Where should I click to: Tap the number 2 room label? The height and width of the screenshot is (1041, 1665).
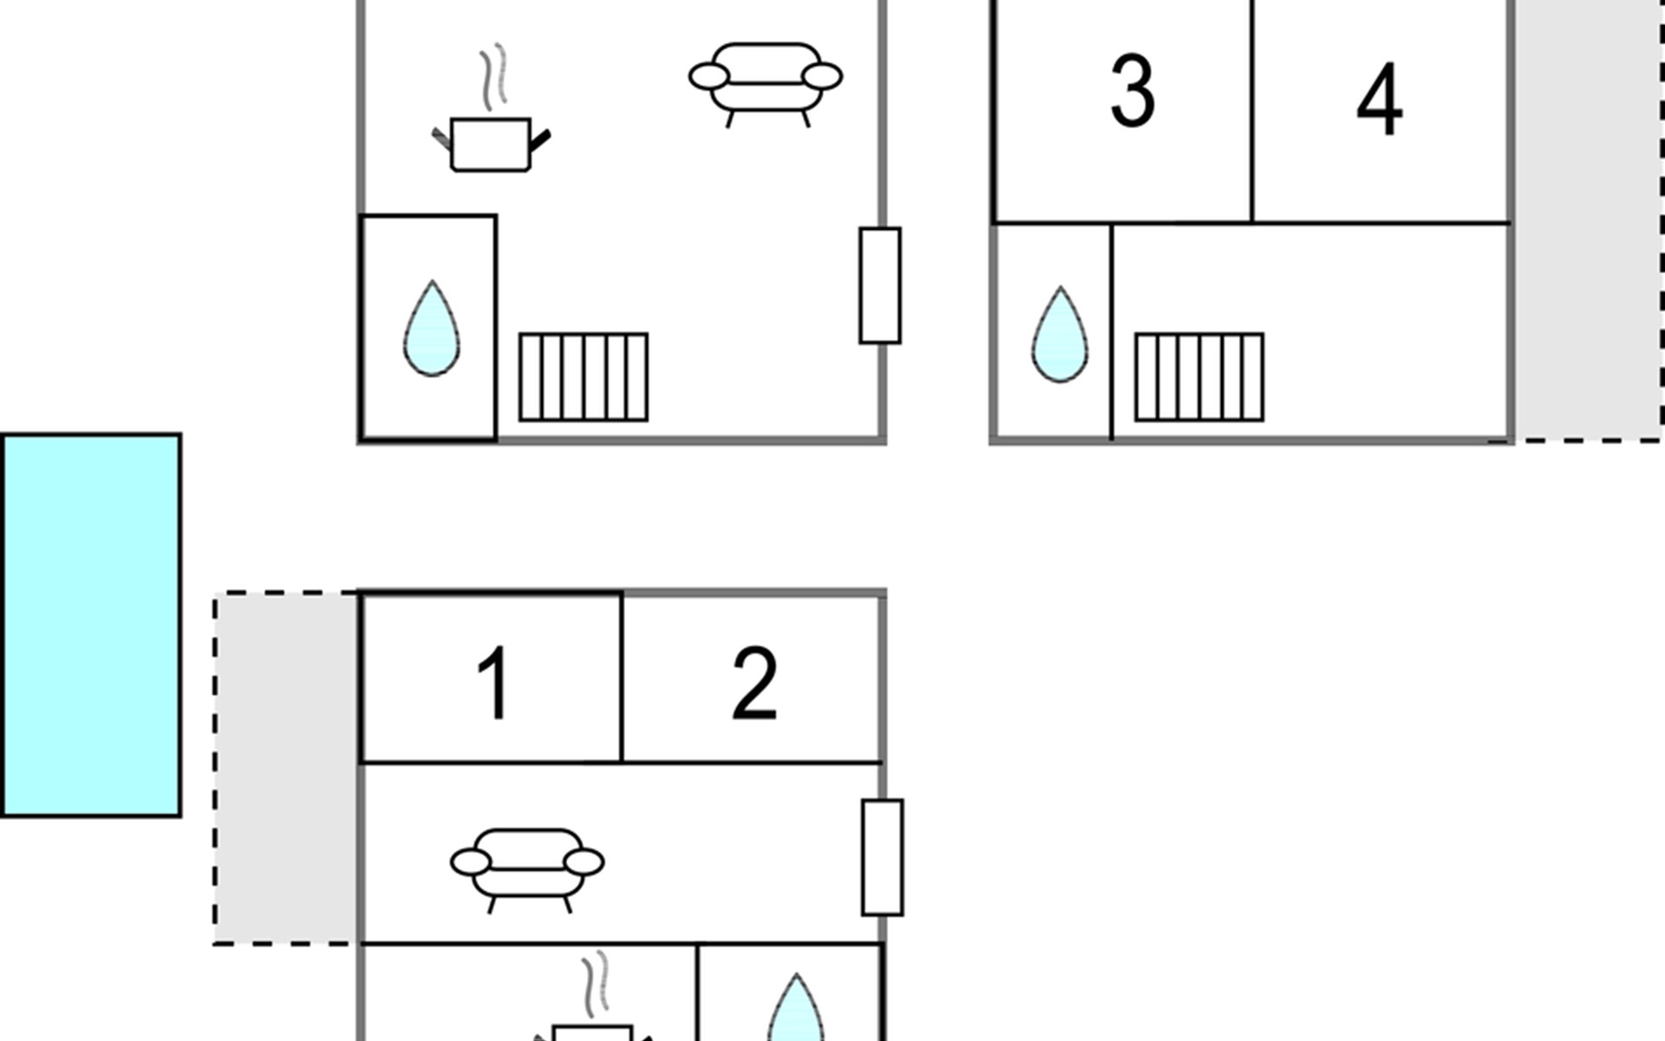click(754, 683)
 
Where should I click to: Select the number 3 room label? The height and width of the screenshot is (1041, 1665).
click(1133, 90)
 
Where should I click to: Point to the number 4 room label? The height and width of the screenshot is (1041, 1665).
click(1379, 99)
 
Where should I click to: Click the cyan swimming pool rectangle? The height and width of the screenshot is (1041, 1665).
click(91, 625)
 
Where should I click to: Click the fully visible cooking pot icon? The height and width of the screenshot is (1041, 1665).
click(491, 143)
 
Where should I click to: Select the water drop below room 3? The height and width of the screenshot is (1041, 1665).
click(1060, 335)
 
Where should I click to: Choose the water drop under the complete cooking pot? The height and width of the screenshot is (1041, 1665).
click(432, 329)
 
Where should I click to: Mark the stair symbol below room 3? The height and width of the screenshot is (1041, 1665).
click(1199, 377)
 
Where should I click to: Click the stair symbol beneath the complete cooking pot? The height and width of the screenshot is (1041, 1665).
click(584, 377)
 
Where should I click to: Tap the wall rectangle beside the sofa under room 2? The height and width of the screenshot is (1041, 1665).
click(883, 857)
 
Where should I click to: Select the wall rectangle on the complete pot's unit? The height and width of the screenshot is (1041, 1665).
click(880, 285)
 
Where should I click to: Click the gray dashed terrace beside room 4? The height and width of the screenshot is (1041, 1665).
click(1589, 220)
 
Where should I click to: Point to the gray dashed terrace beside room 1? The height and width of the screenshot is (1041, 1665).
click(286, 769)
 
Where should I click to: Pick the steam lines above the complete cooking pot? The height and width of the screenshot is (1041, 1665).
click(494, 77)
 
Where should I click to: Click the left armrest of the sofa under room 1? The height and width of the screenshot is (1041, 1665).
click(471, 862)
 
